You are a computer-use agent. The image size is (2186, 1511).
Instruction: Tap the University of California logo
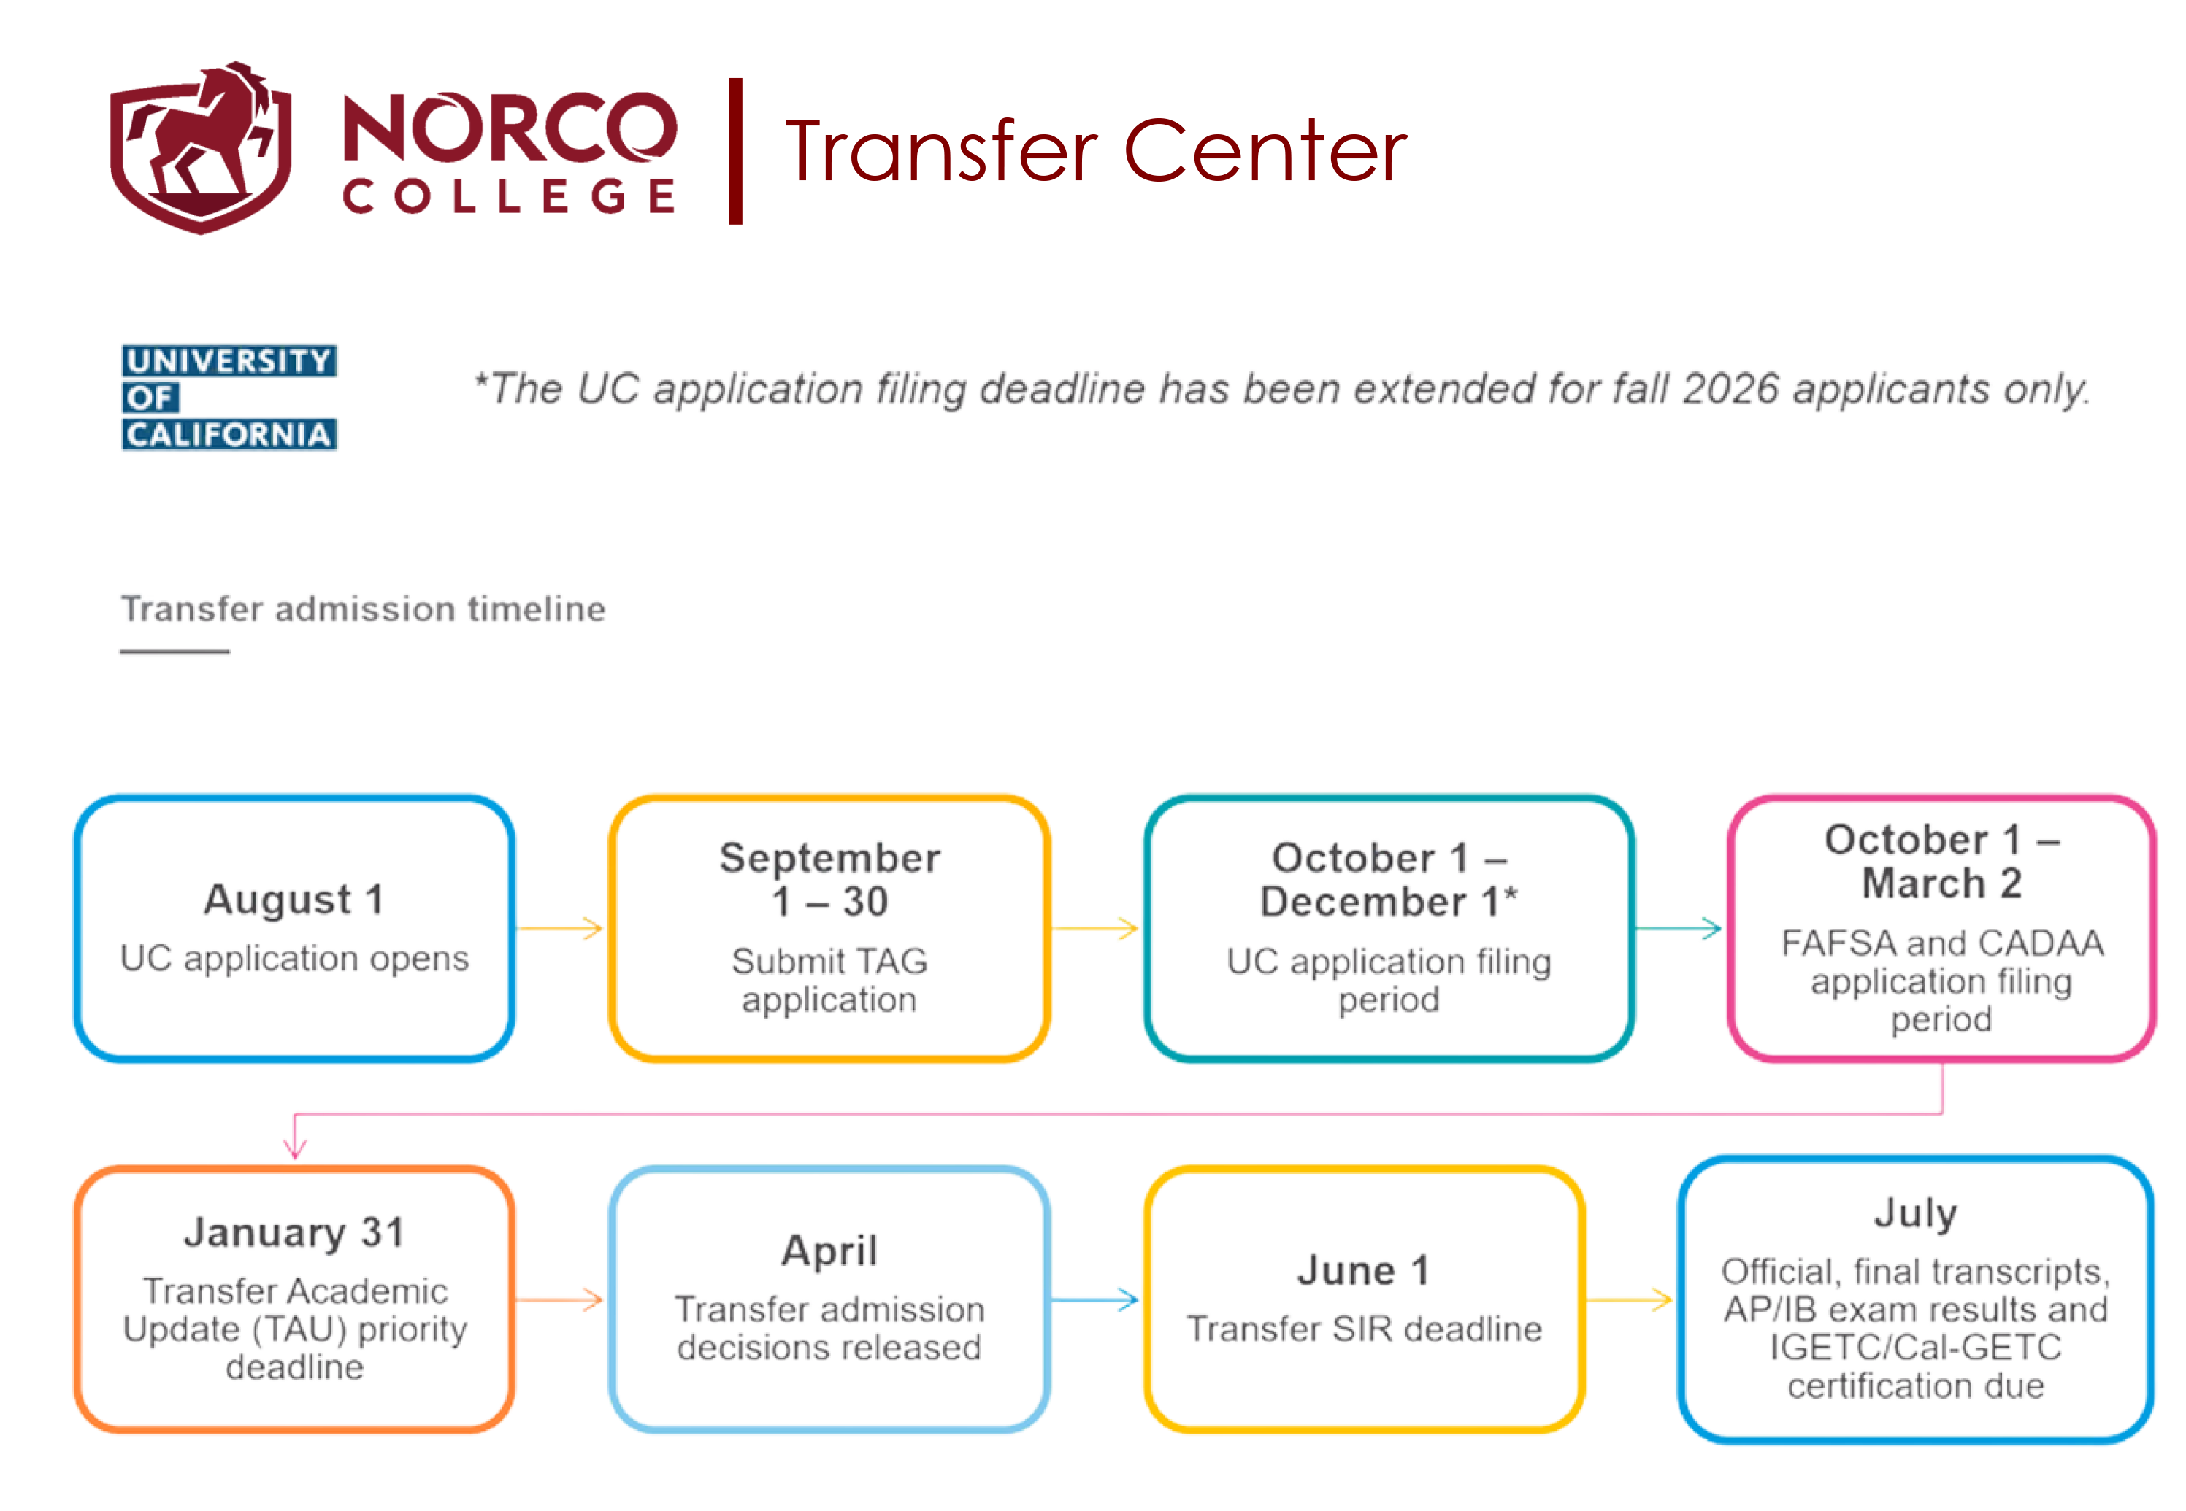(x=229, y=398)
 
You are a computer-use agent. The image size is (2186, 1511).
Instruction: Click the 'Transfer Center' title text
(x=1096, y=152)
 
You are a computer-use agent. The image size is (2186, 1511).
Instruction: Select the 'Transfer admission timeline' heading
(x=363, y=608)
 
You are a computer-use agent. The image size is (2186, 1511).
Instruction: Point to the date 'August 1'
(x=294, y=900)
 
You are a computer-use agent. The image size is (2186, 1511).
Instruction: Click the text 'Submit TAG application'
(x=829, y=981)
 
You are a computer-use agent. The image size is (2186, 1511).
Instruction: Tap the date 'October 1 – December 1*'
(x=1389, y=879)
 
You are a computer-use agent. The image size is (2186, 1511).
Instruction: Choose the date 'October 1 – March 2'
(x=1941, y=862)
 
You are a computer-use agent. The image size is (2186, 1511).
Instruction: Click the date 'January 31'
(x=294, y=1233)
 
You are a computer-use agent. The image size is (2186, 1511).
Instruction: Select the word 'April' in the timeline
(x=829, y=1251)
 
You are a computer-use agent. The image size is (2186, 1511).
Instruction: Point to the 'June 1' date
(x=1364, y=1270)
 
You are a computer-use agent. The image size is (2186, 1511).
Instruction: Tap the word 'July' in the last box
(x=1915, y=1214)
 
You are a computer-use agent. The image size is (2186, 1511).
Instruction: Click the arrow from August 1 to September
(x=561, y=929)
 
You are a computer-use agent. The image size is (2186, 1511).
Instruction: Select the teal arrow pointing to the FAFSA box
(x=1679, y=929)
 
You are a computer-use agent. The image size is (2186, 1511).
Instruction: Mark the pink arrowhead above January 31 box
(x=296, y=1148)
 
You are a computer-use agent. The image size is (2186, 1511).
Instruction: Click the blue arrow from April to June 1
(x=1095, y=1300)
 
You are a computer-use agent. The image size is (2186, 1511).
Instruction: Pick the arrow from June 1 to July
(x=1629, y=1300)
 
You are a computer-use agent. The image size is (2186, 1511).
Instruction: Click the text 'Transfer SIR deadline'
(x=1364, y=1329)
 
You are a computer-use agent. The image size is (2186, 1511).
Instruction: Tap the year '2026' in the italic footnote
(x=1731, y=389)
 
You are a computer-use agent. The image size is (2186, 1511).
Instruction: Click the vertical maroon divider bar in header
(x=735, y=152)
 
